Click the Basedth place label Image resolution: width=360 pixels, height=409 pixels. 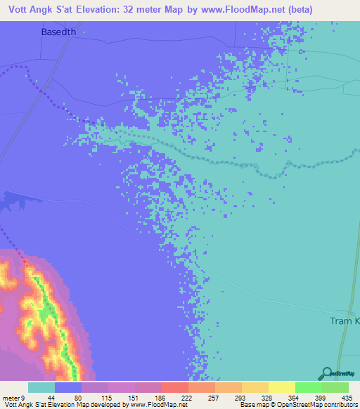tap(54, 32)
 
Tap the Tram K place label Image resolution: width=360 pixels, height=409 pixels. tap(345, 320)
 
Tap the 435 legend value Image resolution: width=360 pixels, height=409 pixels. tap(345, 397)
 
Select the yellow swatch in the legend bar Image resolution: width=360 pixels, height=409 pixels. tap(281, 387)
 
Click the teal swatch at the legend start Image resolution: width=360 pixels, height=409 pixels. tap(41, 387)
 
